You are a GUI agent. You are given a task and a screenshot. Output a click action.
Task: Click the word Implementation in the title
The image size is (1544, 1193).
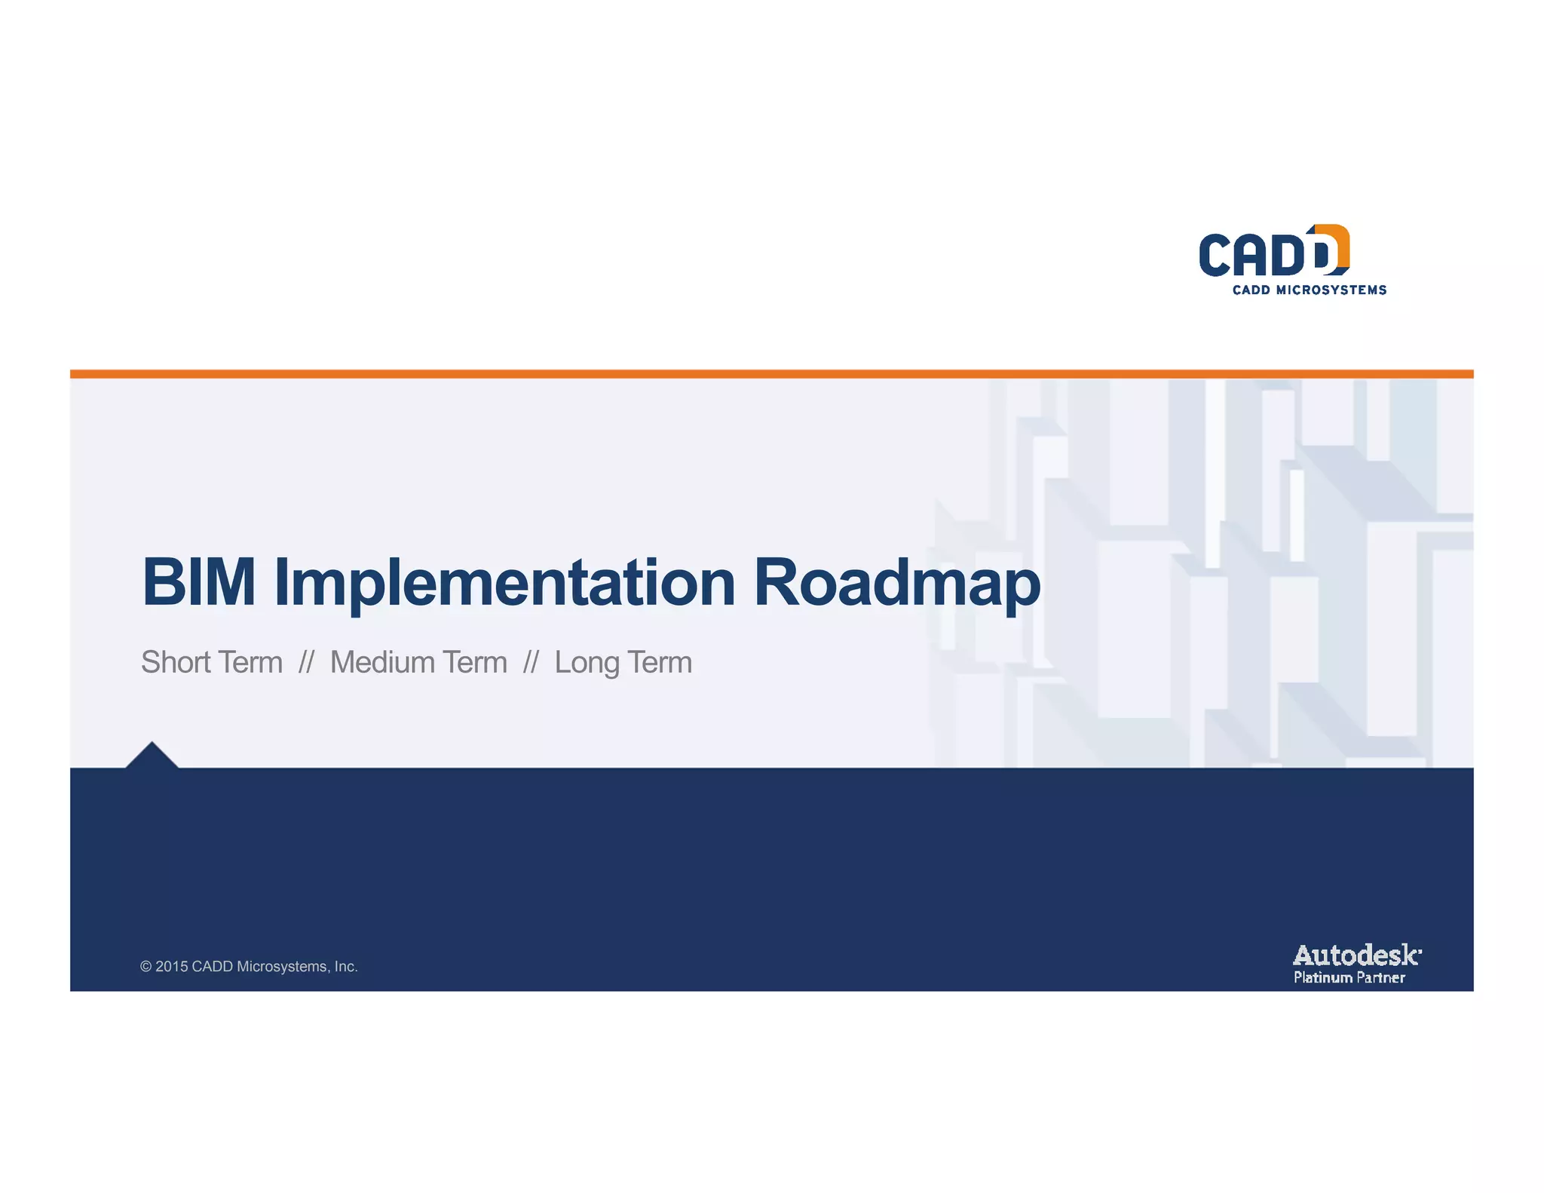(504, 582)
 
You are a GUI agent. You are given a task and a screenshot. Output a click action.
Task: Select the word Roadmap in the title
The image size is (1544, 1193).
(896, 582)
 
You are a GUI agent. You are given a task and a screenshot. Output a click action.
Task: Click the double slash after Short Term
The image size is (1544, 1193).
(305, 662)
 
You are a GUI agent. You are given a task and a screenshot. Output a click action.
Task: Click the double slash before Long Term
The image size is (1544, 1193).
(530, 662)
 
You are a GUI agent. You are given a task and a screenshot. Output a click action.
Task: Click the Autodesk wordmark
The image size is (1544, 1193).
(1356, 955)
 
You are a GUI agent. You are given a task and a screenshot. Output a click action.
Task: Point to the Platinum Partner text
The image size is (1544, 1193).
(1349, 977)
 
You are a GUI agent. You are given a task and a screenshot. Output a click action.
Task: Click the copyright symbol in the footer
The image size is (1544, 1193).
(146, 967)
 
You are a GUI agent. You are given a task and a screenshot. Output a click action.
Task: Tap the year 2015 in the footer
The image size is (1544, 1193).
(171, 967)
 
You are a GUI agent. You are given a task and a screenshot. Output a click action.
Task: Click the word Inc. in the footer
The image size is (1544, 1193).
(346, 967)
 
